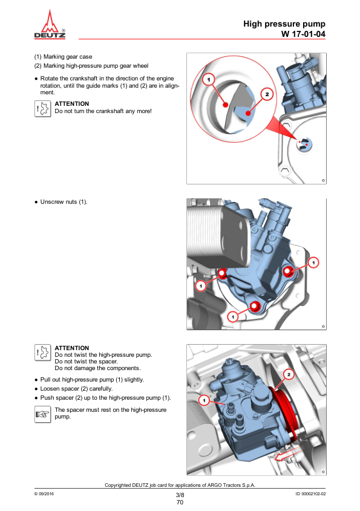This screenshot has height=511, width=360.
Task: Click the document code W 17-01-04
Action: point(303,34)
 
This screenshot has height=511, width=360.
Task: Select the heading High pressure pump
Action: point(284,24)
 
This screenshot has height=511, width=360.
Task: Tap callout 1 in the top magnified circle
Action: point(208,79)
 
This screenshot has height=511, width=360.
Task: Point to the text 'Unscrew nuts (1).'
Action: point(64,201)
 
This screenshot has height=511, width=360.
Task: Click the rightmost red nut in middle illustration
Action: point(289,270)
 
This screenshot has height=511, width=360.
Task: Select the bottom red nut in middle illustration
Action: point(255,307)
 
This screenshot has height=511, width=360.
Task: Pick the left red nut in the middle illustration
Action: point(222,273)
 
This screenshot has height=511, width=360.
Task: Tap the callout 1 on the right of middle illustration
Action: point(314,262)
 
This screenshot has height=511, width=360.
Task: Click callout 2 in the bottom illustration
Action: point(289,374)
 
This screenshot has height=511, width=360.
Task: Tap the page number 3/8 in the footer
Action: point(180,495)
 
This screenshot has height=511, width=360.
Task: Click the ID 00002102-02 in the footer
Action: point(310,495)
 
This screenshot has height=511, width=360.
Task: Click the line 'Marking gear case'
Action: point(67,57)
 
